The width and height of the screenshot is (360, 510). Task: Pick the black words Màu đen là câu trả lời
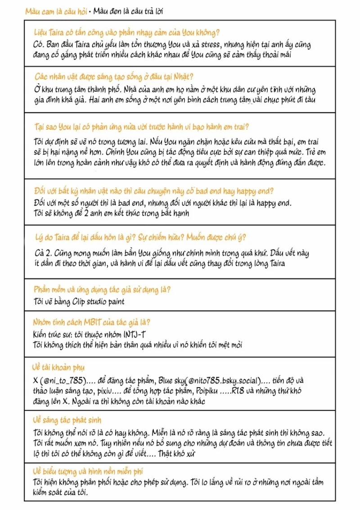(x=128, y=10)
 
